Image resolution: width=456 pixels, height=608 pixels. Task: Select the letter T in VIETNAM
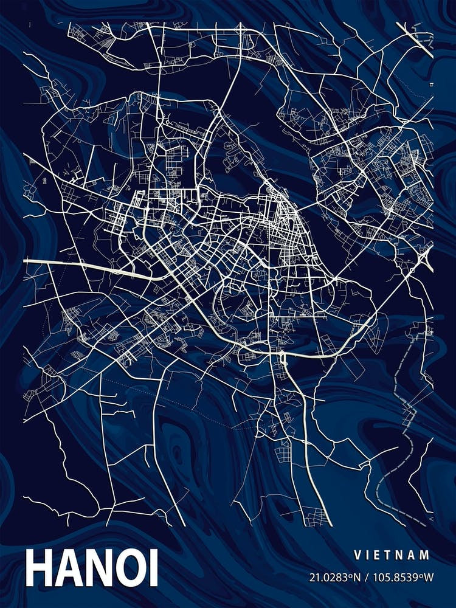[390, 555]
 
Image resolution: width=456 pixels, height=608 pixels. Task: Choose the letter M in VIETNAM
[426, 555]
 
